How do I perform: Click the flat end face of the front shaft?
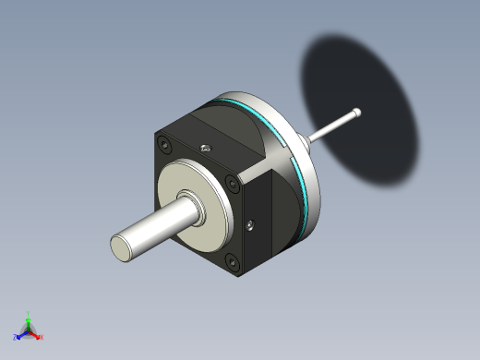tap(124, 246)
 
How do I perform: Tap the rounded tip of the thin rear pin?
tap(356, 113)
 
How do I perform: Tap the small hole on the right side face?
tap(251, 222)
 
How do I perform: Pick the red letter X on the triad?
tap(42, 338)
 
